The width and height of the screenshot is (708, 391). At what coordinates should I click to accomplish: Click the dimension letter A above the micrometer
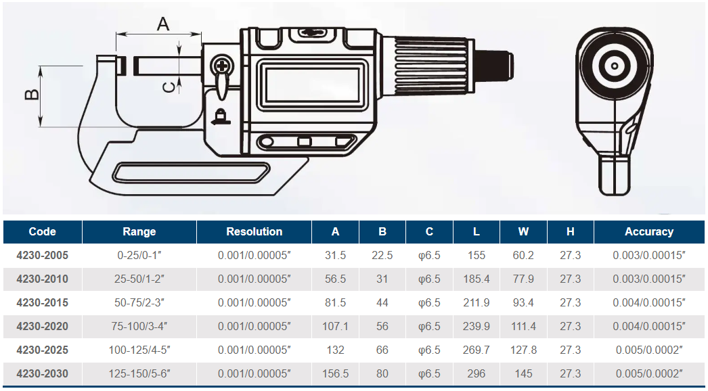163,24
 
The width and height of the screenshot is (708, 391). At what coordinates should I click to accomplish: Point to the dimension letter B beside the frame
32,94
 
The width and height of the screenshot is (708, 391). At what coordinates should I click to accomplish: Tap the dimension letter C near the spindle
168,87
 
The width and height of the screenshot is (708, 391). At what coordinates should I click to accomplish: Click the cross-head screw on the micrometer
222,66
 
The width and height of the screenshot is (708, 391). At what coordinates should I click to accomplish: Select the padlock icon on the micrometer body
221,116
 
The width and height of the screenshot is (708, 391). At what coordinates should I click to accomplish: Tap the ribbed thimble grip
433,66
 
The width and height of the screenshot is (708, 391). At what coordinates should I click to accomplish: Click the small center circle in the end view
615,66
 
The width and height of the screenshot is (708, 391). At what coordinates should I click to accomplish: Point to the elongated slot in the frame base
191,173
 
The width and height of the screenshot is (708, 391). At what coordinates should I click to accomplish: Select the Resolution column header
255,231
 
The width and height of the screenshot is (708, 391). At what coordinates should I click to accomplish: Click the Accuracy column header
649,231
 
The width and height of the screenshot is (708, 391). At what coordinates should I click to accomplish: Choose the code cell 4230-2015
43,302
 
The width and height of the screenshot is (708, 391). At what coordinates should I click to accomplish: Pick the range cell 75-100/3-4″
139,326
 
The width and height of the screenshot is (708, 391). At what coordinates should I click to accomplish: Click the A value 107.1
335,326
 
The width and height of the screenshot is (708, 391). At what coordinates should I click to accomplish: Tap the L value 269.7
477,350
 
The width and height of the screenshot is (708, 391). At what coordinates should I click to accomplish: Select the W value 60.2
523,255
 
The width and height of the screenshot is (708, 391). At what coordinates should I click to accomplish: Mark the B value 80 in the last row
382,373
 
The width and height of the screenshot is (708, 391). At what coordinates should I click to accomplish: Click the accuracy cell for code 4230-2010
649,279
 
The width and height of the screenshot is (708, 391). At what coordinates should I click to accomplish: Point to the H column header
571,231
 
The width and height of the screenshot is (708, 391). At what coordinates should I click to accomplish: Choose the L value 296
477,373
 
